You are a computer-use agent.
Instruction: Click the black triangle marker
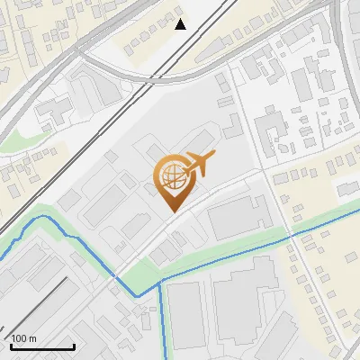[x=181, y=24]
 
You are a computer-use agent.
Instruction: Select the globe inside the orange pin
[x=172, y=177]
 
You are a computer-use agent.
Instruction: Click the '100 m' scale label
[x=23, y=338]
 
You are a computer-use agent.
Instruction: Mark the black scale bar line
[x=41, y=346]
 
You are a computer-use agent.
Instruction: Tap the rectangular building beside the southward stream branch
[x=186, y=315]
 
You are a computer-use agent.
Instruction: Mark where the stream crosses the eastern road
[x=291, y=237]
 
